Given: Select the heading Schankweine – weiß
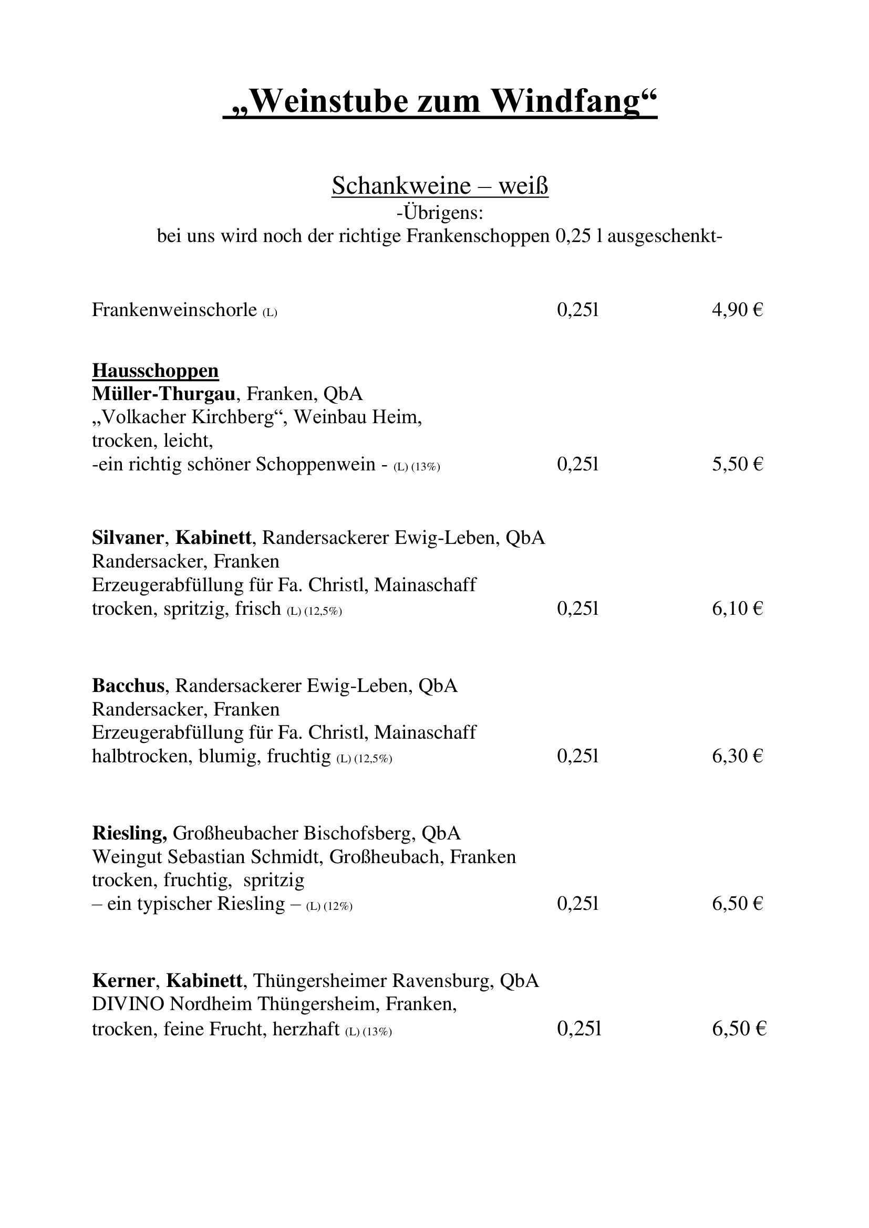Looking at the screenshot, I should click(440, 186).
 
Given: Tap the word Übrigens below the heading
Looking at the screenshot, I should click(443, 213).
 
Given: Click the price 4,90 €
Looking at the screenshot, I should click(737, 310).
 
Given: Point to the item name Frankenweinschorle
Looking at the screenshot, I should click(174, 310).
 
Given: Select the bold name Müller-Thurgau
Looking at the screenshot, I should click(164, 394).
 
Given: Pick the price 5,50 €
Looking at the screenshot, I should click(737, 464).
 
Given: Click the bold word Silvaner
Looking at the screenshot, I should click(127, 538).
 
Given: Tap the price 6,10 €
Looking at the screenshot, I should click(737, 608).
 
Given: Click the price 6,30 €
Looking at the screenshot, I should click(737, 756).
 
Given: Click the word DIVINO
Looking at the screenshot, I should click(128, 1004).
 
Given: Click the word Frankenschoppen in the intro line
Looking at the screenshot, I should click(478, 236).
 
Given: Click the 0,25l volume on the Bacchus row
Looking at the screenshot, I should click(577, 756).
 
